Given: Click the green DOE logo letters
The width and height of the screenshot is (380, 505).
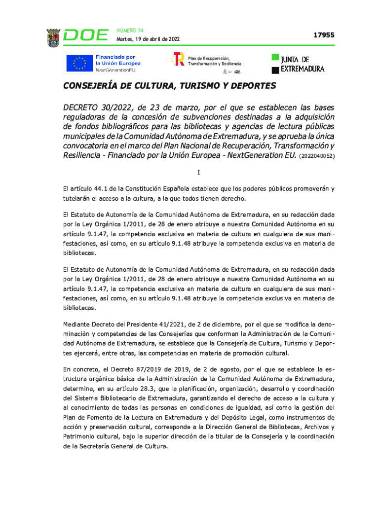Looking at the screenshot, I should pyautogui.click(x=86, y=36).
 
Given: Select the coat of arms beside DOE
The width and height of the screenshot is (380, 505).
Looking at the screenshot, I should pyautogui.click(x=53, y=37).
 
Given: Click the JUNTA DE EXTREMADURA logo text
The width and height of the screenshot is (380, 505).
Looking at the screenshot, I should pyautogui.click(x=302, y=64).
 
